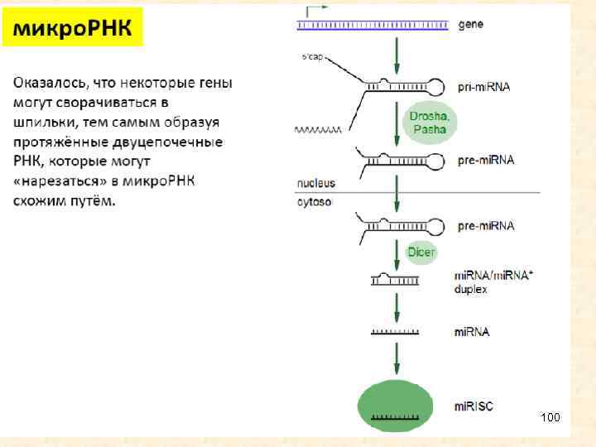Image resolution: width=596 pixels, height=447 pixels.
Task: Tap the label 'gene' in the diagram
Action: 471,25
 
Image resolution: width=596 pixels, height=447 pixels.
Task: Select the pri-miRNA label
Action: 484,86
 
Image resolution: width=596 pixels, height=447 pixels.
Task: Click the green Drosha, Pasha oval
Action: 428,123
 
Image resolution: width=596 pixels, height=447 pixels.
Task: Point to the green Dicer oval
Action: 421,252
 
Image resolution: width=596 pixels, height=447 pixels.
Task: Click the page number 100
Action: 550,416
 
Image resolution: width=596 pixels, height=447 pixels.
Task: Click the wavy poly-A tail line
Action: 316,130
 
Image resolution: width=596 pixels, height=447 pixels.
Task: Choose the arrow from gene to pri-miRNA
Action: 397,53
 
